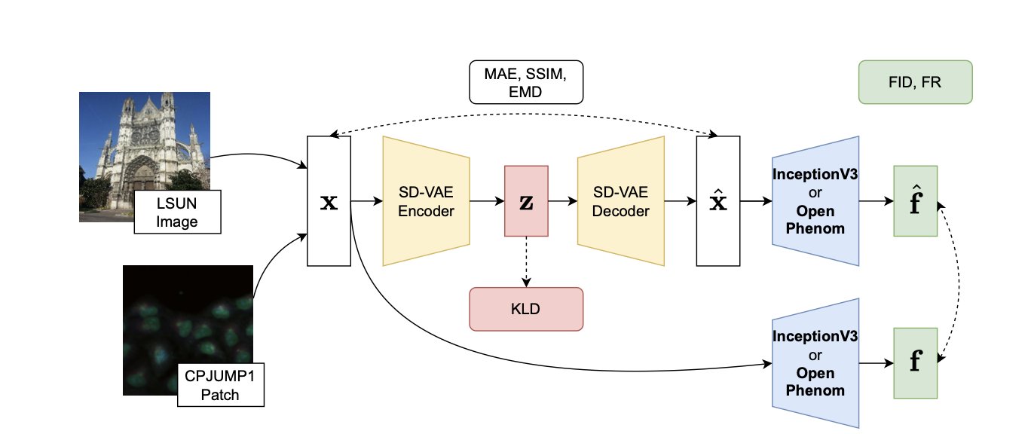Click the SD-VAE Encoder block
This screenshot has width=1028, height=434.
click(x=426, y=201)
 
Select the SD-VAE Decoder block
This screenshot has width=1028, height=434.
click(x=621, y=201)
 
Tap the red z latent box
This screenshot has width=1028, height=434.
click(x=526, y=201)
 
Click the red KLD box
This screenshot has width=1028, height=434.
click(x=526, y=309)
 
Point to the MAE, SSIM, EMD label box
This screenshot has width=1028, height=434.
click(x=526, y=82)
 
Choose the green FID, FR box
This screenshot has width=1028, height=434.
click(x=916, y=82)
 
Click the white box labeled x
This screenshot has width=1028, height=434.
click(x=329, y=201)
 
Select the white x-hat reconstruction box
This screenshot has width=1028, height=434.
click(x=717, y=201)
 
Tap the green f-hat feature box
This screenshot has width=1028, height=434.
click(x=915, y=201)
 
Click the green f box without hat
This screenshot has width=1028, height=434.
click(x=915, y=362)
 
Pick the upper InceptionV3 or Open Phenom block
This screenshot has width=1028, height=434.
click(x=816, y=201)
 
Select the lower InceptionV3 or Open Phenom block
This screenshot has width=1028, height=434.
click(x=816, y=362)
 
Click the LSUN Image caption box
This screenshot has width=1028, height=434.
click(x=177, y=212)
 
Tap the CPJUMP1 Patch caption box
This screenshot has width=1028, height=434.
click(x=220, y=384)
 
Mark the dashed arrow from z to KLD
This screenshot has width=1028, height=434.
click(x=526, y=262)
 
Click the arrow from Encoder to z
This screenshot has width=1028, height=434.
click(x=487, y=201)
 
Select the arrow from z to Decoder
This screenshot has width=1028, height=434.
click(x=563, y=201)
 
